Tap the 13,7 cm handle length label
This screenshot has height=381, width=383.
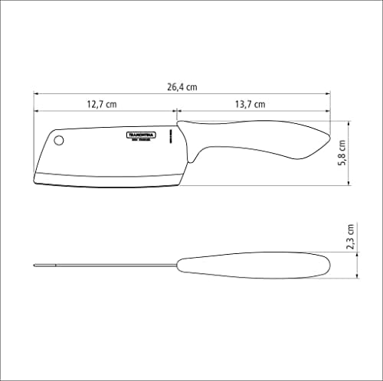(x=250, y=104)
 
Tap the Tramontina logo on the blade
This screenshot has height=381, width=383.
(x=141, y=135)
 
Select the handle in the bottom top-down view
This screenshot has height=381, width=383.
(x=253, y=265)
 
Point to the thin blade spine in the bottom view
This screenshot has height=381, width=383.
(x=107, y=265)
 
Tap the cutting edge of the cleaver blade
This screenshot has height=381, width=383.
(x=107, y=184)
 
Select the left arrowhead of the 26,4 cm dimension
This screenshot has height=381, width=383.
(x=36, y=96)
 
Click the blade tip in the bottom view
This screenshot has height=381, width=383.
(x=34, y=265)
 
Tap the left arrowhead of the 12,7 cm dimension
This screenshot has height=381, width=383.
(x=36, y=112)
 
